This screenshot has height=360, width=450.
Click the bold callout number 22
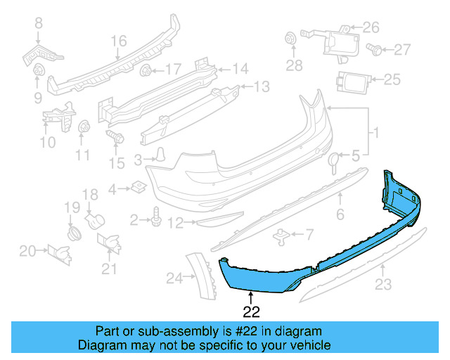[252, 310]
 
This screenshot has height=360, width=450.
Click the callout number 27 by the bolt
[401, 49]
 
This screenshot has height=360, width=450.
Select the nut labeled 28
[289, 39]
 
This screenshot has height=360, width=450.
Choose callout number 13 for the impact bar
[262, 87]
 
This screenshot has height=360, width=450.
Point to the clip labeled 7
[282, 234]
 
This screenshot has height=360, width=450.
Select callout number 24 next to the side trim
[174, 278]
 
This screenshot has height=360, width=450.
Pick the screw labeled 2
[155, 220]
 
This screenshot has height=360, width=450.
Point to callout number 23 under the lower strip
[382, 285]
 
